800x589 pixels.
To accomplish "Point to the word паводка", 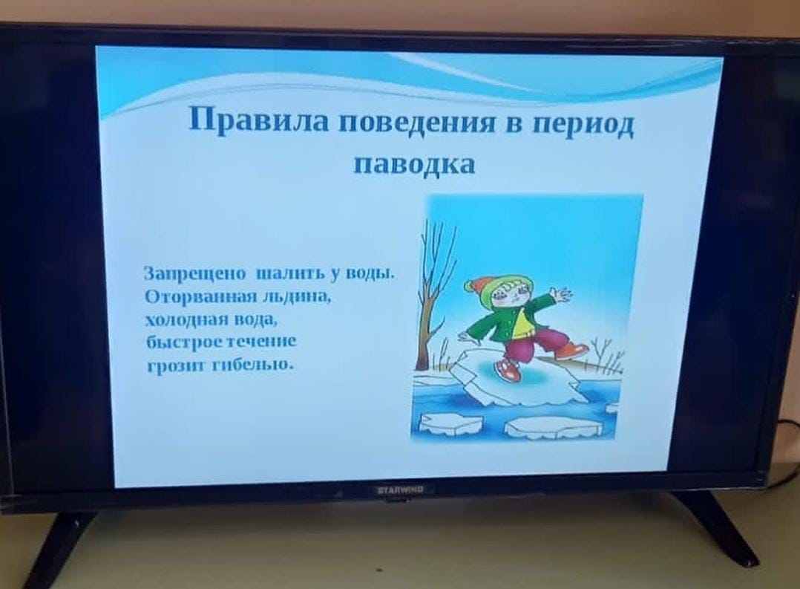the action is [x=414, y=164].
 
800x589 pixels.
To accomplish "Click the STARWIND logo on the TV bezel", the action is [x=400, y=490].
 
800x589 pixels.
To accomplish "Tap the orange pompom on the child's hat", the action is [x=472, y=285].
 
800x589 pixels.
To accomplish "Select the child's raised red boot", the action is [x=572, y=351].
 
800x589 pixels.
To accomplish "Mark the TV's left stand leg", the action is [x=61, y=546].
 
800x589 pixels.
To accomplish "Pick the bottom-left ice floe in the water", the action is [x=451, y=423].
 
